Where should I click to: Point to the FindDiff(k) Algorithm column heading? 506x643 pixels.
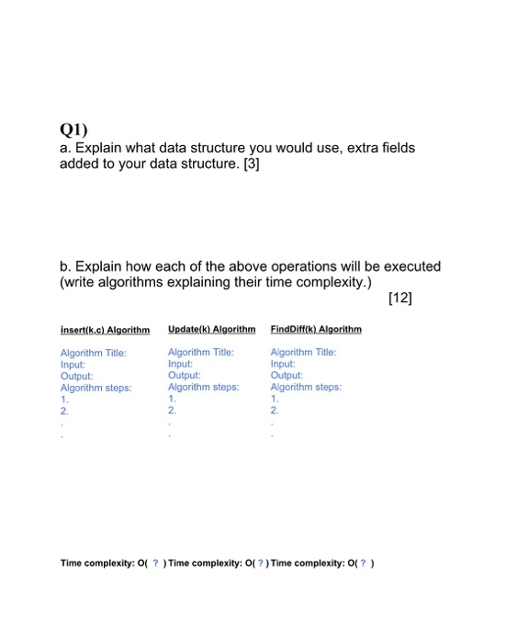(x=316, y=329)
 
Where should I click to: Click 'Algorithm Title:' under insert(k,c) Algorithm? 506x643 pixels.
(x=93, y=353)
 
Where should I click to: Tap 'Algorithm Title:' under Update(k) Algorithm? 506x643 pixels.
(x=201, y=352)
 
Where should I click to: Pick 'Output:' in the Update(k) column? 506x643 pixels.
(x=184, y=375)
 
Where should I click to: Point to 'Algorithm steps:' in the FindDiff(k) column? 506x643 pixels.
(x=306, y=387)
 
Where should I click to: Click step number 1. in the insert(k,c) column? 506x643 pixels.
(x=64, y=400)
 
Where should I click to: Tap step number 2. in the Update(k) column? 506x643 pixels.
(x=173, y=411)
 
